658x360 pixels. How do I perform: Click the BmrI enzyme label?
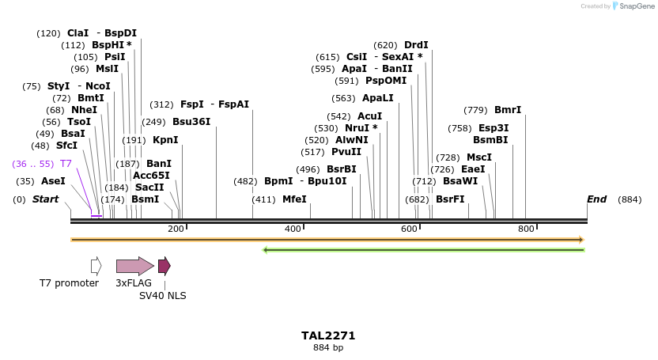tap(508, 110)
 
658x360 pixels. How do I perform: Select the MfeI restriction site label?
tap(294, 199)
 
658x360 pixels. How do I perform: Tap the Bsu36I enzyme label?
tap(191, 122)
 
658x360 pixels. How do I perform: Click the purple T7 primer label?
tap(66, 164)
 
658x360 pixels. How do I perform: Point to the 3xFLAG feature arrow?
tap(134, 266)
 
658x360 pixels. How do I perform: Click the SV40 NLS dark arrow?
tap(164, 266)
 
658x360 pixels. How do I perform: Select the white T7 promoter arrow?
tap(96, 266)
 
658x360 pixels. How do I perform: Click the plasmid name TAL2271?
tap(328, 335)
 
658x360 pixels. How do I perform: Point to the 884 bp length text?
tap(328, 347)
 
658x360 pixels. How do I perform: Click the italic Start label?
tap(45, 199)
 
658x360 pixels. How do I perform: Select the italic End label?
tap(596, 199)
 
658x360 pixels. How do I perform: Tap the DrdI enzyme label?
tap(416, 45)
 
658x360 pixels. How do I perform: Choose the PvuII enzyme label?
tap(346, 152)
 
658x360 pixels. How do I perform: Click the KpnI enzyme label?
tap(165, 140)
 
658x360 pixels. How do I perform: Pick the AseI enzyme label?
tap(53, 181)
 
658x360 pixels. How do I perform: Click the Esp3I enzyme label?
tap(493, 128)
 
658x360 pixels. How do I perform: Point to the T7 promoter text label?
tap(70, 282)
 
